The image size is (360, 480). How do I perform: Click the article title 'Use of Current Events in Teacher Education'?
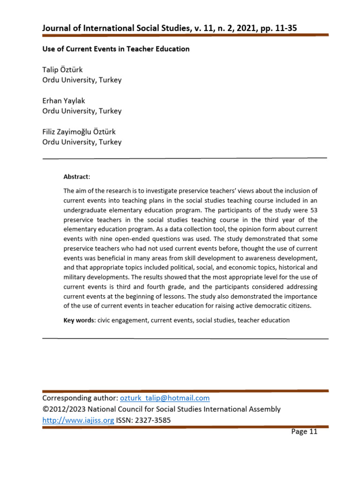point(116,49)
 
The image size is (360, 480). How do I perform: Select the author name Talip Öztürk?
point(62,70)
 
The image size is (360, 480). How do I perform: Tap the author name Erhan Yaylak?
point(64,101)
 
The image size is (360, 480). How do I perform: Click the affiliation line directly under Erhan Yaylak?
point(82,111)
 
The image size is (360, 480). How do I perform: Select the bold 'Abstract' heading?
point(76,177)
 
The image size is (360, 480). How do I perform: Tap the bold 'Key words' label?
point(78,320)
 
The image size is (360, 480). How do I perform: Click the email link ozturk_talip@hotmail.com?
point(165,398)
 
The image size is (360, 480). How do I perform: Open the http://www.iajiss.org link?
point(78,420)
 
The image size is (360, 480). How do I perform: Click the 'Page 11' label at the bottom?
point(304,432)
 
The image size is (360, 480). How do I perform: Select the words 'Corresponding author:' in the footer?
point(80,398)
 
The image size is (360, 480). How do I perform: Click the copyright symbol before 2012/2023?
point(45,409)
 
